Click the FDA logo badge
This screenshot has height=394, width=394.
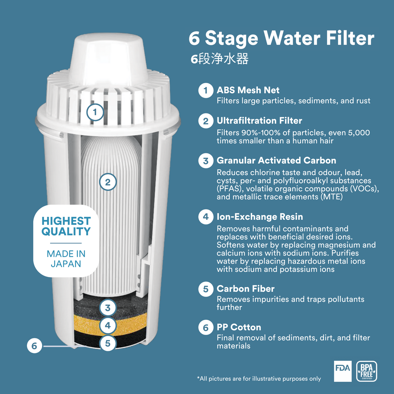point(343,371)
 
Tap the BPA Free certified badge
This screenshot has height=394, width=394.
point(367,371)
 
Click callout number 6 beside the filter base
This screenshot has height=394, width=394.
point(34,346)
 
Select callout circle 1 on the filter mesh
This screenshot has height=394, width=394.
point(95,112)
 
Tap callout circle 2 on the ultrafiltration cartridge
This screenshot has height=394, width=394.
point(108,182)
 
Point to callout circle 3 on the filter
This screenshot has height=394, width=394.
point(108,308)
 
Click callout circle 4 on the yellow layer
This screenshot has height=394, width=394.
point(108,325)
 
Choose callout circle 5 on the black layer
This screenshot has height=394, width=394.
point(108,343)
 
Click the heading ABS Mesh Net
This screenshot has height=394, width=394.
point(248,90)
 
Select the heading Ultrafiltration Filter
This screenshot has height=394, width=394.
point(259,121)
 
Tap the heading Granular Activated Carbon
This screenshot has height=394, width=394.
point(276,160)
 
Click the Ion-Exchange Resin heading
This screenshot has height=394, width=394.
point(260,217)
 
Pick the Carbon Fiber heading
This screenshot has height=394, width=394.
point(245,289)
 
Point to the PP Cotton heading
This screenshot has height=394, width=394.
point(239,327)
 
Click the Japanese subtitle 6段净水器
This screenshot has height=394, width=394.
point(219,59)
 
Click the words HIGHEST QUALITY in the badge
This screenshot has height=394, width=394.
point(66,226)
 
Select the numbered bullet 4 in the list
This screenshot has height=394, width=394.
point(206,217)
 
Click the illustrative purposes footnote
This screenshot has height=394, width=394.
point(259,379)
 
